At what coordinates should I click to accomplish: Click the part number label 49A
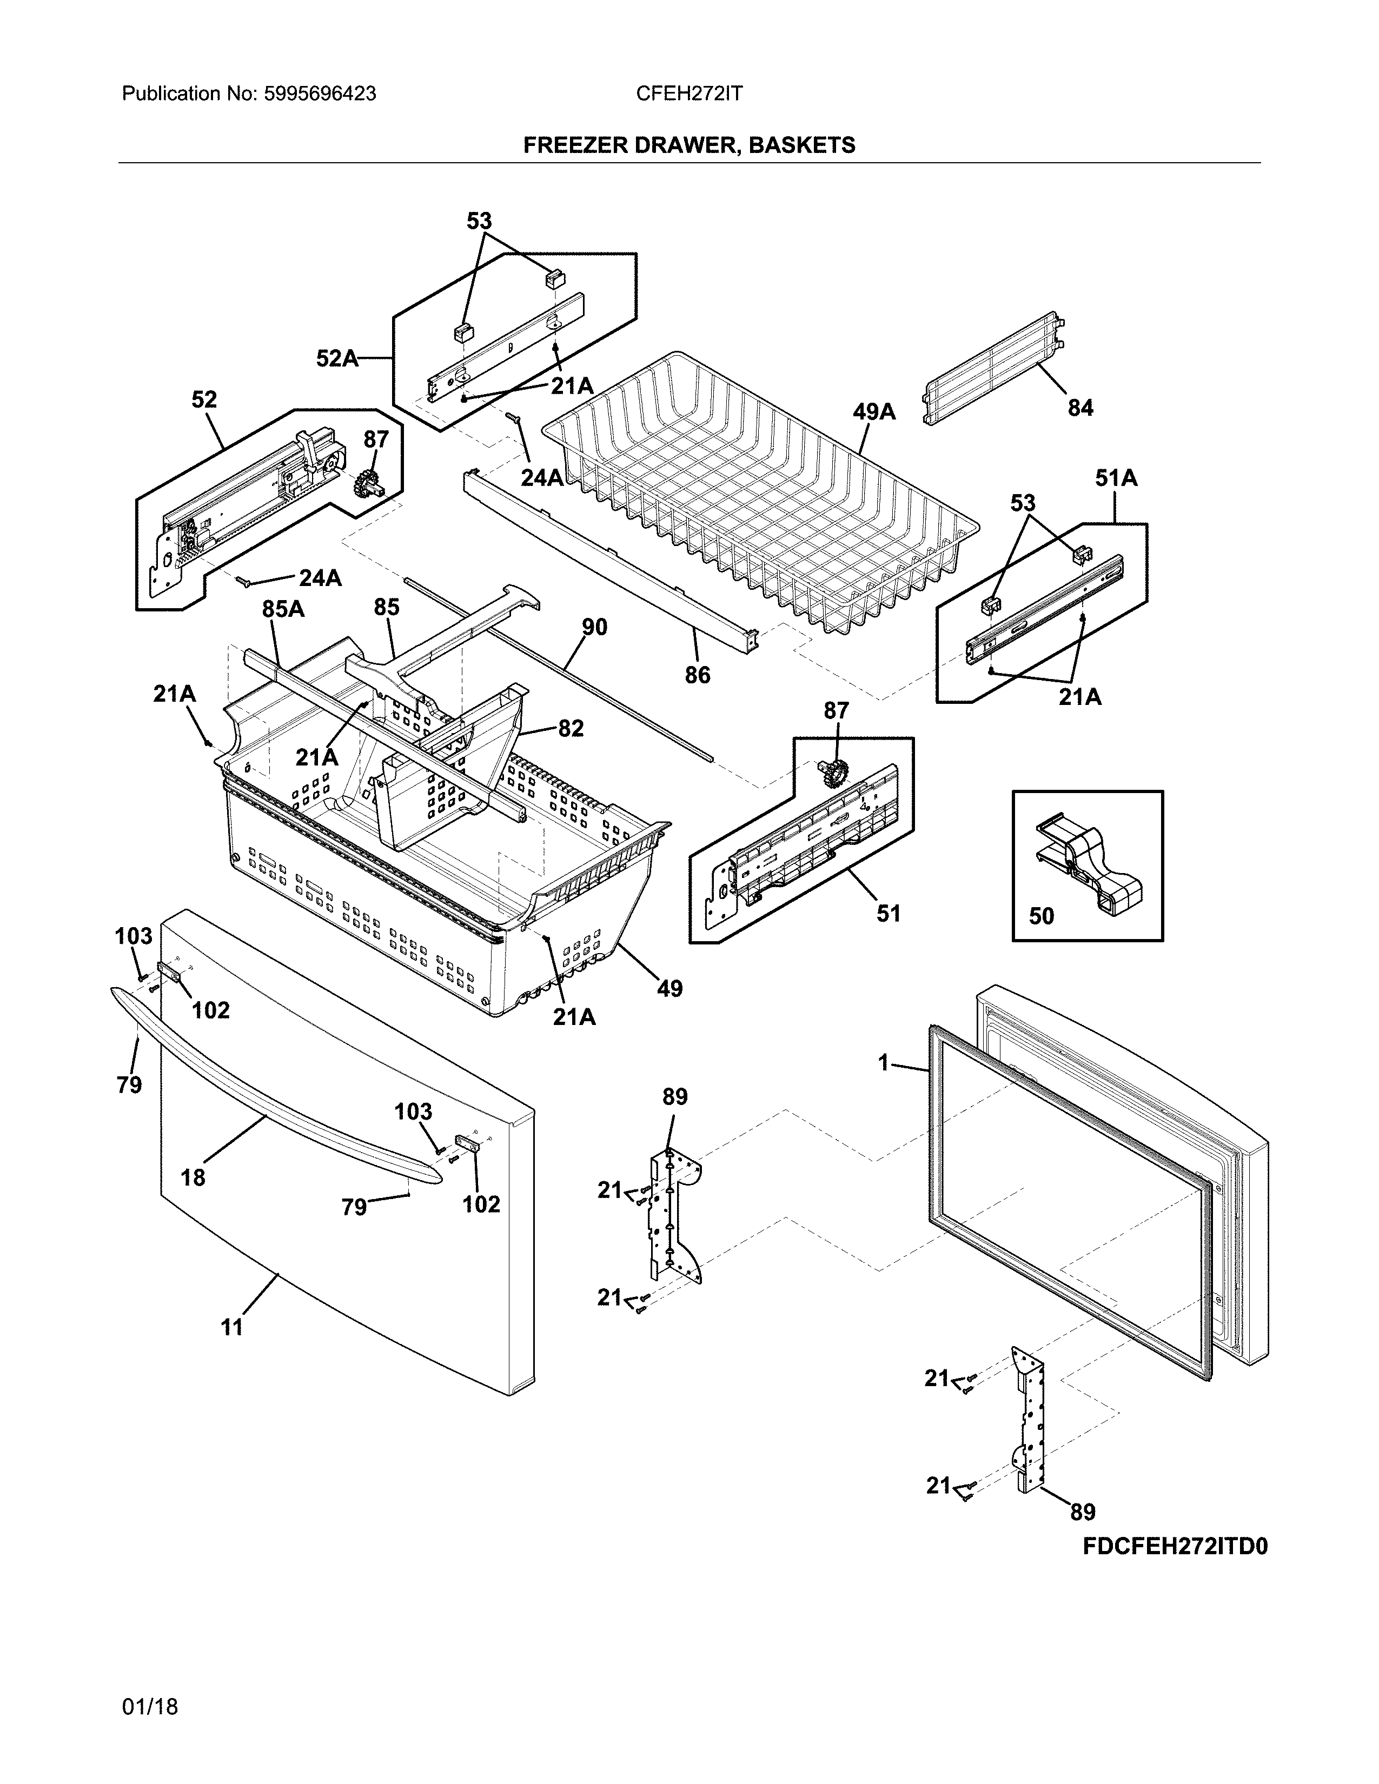point(874,412)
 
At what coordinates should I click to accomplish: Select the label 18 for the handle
point(193,1177)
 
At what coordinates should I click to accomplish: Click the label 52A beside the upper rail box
point(336,358)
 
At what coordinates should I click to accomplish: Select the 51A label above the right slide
point(1116,478)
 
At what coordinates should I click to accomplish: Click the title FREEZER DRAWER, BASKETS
point(688,145)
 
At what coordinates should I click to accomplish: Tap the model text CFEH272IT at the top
point(688,94)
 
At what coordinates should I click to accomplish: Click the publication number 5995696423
point(320,94)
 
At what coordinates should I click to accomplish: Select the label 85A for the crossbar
point(283,609)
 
